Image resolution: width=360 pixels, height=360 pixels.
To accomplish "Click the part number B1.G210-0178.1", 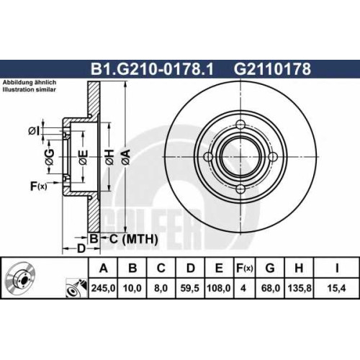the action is point(152,69).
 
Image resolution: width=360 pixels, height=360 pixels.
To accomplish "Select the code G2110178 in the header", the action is point(272,69).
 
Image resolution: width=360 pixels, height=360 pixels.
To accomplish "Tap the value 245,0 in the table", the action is point(103,288).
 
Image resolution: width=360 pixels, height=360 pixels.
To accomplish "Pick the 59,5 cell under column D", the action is point(190,288).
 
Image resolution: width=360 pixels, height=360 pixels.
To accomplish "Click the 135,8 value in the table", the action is point(299,288).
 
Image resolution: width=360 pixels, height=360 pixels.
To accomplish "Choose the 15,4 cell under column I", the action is point(336,288).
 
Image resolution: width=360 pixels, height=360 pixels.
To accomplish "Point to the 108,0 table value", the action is point(219,288).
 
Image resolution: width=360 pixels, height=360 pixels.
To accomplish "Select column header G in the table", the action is point(270,268).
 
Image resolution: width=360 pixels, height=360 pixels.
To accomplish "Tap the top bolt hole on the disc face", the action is point(240,125).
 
